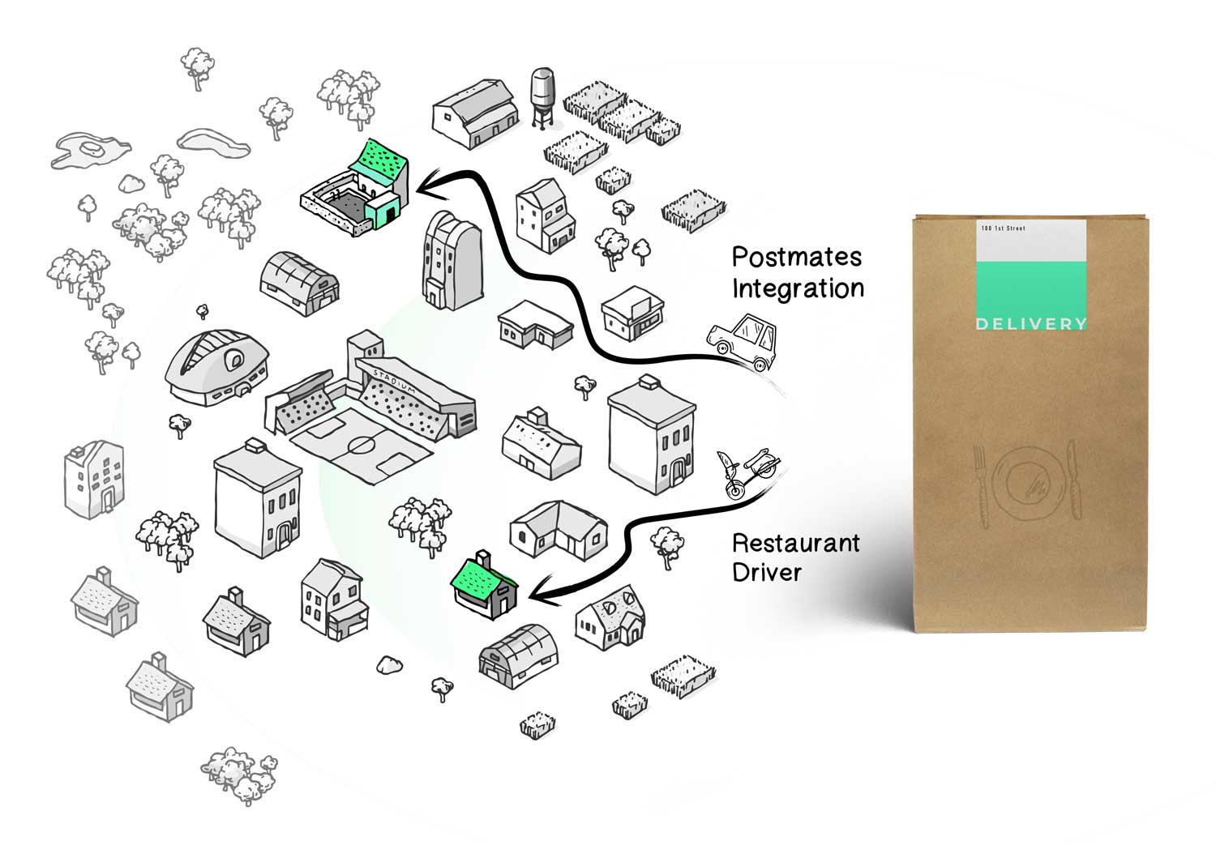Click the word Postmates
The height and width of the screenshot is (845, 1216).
[796, 257]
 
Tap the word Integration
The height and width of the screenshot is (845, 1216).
[798, 288]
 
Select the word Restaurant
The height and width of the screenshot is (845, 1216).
[796, 543]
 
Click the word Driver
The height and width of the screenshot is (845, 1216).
[767, 572]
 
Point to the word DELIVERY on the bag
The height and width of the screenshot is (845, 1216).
[1031, 324]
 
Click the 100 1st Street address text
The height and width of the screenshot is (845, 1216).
[1004, 228]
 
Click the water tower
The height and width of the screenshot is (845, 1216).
[542, 98]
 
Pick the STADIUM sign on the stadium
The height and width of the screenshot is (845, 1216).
[395, 382]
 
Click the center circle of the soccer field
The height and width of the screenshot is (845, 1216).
[362, 446]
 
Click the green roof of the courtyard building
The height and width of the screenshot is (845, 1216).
[379, 156]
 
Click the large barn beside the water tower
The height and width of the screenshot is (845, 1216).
[476, 113]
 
